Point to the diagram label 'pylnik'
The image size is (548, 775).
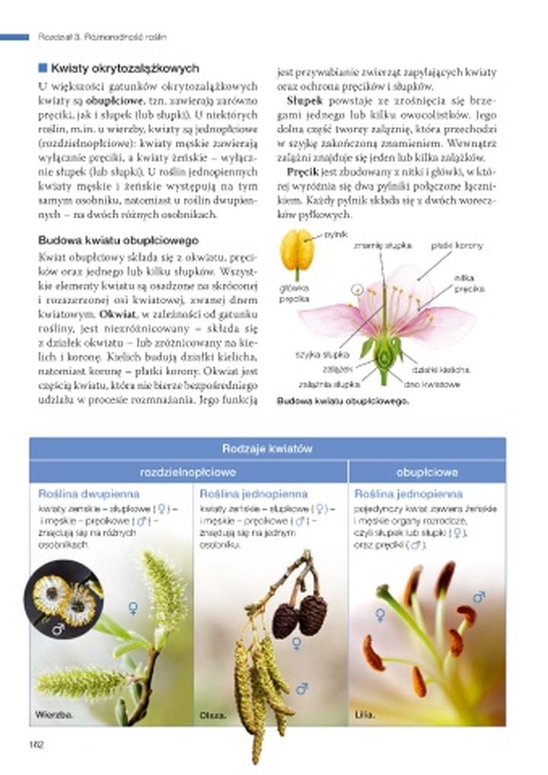click(336, 233)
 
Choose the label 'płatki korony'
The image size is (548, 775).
click(456, 246)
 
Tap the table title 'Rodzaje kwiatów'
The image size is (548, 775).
click(267, 449)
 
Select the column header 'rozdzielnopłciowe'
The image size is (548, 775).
click(188, 472)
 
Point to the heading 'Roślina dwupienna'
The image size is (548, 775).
click(78, 494)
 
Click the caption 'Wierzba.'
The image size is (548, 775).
click(53, 714)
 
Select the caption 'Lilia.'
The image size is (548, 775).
click(365, 715)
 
